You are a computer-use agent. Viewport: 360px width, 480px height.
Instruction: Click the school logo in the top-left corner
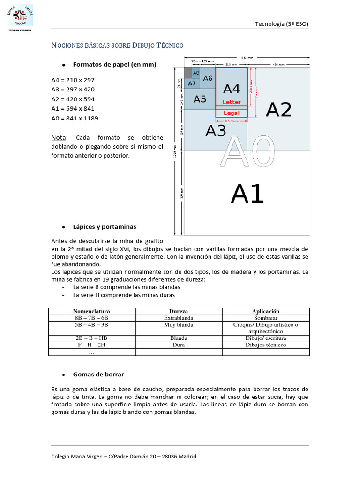pyautogui.click(x=19, y=19)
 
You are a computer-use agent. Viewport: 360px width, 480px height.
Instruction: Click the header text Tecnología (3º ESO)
pyautogui.click(x=281, y=24)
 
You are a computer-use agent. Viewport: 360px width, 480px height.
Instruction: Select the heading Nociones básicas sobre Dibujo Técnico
pyautogui.click(x=117, y=45)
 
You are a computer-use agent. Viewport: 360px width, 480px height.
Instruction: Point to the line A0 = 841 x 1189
pyautogui.click(x=75, y=118)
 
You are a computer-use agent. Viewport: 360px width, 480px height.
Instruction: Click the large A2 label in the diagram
pyautogui.click(x=278, y=110)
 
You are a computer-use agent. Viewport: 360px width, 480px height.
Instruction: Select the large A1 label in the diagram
pyautogui.click(x=247, y=194)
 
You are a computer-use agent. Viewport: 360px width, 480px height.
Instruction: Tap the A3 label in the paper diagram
pyautogui.click(x=216, y=131)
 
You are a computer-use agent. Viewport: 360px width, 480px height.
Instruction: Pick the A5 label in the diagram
pyautogui.click(x=200, y=99)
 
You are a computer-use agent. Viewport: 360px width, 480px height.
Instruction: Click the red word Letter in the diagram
pyautogui.click(x=232, y=102)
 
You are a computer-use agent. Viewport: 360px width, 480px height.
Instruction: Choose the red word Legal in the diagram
pyautogui.click(x=232, y=113)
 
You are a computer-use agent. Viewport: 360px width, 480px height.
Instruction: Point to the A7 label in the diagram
pyautogui.click(x=192, y=83)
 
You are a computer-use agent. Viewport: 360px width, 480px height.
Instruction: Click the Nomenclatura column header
pyautogui.click(x=91, y=311)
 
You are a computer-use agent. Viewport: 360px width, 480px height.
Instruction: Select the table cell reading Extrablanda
pyautogui.click(x=179, y=318)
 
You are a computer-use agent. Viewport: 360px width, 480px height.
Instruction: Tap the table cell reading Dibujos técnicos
pyautogui.click(x=266, y=345)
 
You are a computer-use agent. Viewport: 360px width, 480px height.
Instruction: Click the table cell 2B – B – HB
pyautogui.click(x=91, y=338)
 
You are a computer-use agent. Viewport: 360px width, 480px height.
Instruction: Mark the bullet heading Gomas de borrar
pyautogui.click(x=98, y=375)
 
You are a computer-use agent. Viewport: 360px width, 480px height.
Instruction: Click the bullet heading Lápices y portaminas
pyautogui.click(x=105, y=227)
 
